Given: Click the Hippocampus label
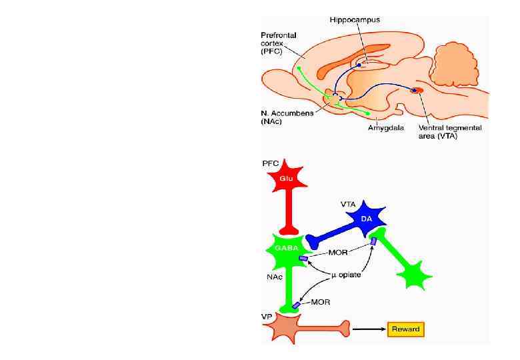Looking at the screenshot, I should (355, 20).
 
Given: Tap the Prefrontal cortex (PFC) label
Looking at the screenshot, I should (278, 41).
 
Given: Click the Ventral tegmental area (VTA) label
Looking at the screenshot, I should (450, 131).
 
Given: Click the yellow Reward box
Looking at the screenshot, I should (405, 329).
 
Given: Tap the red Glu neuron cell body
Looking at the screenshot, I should (286, 178).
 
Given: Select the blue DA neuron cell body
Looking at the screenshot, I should (367, 219).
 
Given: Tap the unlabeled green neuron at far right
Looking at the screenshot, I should (414, 273).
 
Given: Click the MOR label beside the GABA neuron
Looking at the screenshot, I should (339, 253).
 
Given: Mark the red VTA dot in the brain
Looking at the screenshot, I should (417, 90).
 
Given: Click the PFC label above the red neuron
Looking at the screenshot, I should (271, 163).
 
